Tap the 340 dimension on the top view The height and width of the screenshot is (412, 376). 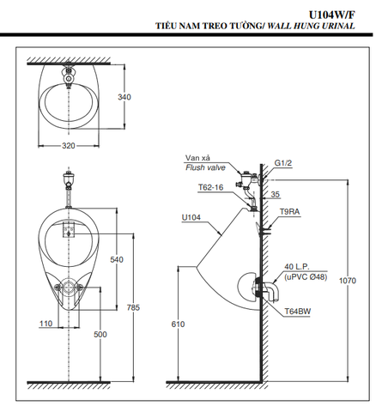(x=124, y=98)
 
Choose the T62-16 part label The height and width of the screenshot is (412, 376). (x=210, y=186)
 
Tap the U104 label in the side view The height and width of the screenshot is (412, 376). (x=191, y=218)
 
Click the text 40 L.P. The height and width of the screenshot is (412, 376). (x=295, y=268)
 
